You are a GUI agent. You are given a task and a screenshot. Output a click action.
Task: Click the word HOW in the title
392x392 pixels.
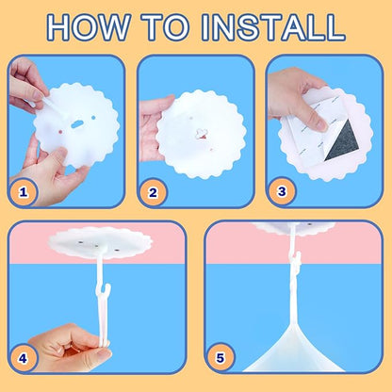90,27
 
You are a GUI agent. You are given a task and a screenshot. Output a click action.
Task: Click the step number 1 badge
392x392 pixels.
23,192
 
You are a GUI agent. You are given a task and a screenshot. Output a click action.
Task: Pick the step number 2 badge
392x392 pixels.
153,192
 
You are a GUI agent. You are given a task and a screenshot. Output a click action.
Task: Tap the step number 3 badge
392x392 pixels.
282,191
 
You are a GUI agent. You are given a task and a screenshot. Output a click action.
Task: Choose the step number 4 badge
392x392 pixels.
23,358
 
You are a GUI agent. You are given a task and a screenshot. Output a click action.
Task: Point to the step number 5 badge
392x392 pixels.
220,357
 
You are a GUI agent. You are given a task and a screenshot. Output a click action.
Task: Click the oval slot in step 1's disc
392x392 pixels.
76,125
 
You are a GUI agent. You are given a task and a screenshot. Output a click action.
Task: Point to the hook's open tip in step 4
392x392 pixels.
107,287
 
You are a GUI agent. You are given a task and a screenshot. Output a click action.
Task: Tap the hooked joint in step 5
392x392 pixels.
297,260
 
